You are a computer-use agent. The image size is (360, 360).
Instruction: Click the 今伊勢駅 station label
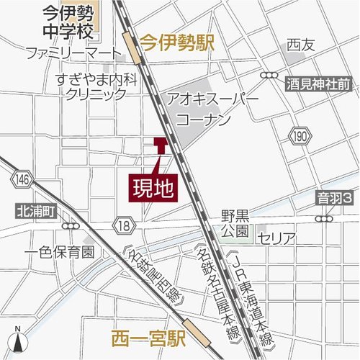177,43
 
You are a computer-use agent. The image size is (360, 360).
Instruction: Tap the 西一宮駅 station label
149,336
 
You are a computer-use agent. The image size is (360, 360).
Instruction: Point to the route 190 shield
300,134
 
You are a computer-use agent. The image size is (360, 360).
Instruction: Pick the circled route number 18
124,226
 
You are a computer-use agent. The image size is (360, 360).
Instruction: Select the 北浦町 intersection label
34,212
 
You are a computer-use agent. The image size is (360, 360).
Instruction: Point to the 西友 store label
301,45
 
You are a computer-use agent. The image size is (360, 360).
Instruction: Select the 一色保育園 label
59,253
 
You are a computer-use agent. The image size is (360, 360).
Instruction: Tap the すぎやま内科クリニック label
95,85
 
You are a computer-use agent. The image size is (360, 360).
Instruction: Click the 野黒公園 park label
235,222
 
